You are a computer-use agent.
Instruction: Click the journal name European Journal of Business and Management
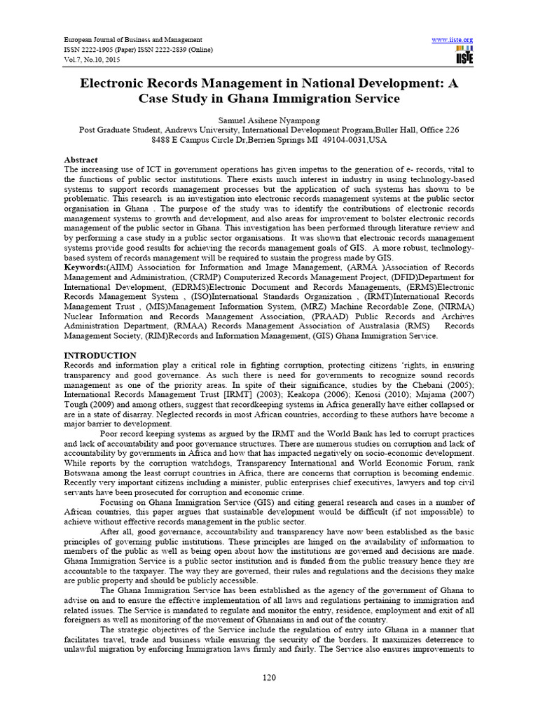133,40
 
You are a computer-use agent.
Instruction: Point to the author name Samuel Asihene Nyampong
268,120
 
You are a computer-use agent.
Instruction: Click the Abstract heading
81,160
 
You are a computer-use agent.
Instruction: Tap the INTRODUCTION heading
100,356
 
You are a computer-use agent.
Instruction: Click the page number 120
269,677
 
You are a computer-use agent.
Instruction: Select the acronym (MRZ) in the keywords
319,307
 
